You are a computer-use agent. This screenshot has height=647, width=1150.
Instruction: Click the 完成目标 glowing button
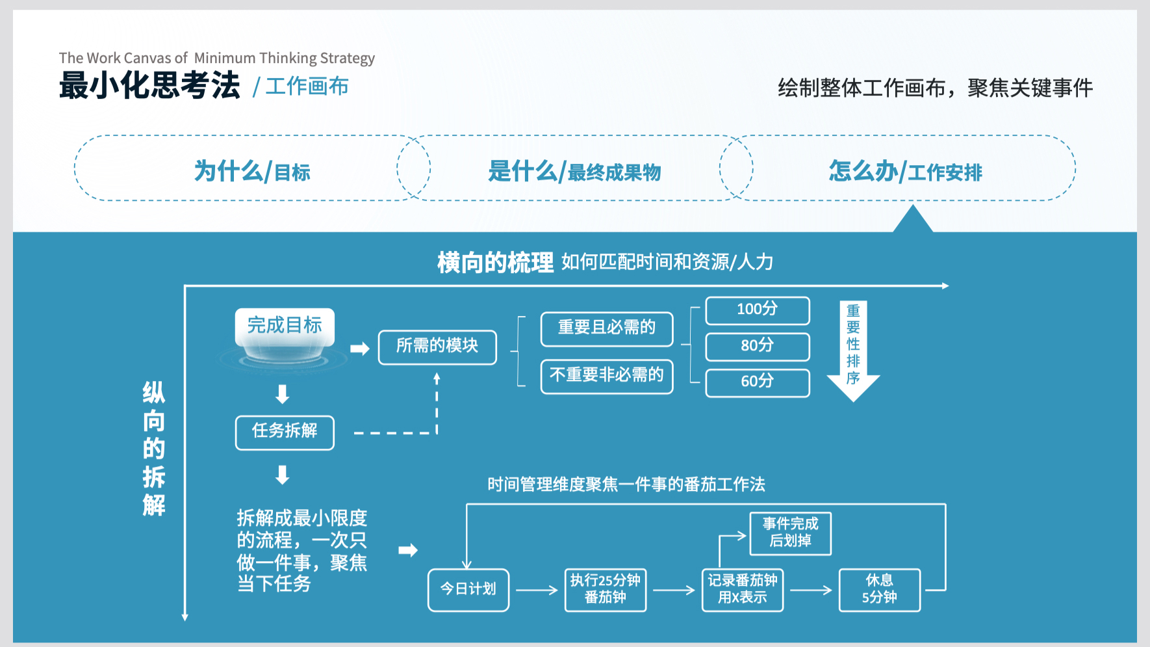tap(285, 327)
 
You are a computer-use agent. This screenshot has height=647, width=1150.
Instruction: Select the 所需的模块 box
tap(437, 347)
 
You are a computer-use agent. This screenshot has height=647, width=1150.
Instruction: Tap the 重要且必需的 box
tap(607, 329)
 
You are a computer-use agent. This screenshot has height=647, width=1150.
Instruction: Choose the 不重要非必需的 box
tap(607, 376)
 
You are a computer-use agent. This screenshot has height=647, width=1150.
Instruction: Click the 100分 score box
tap(758, 310)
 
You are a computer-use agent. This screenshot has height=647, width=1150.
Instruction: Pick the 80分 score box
tap(758, 347)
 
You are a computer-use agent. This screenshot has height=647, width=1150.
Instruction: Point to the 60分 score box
tap(758, 382)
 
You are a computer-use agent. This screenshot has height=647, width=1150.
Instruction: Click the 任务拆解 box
tap(285, 432)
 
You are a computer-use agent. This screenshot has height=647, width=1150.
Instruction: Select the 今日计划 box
tap(468, 590)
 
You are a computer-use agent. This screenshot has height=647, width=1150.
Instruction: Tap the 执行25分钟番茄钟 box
tap(606, 590)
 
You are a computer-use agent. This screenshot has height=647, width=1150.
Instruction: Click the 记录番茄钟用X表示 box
tap(743, 590)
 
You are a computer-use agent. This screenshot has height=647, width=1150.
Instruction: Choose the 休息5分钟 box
tap(880, 590)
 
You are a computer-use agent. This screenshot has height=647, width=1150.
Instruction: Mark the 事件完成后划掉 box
tap(791, 534)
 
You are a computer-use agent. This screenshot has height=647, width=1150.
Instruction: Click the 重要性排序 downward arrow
tap(853, 351)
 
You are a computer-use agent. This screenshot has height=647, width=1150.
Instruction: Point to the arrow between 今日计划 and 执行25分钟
tap(537, 590)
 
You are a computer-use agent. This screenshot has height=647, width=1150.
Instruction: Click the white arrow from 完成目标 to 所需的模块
tap(359, 349)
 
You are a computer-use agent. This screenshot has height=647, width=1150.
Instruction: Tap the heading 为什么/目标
tap(252, 172)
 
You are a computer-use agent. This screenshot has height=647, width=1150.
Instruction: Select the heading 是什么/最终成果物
tap(574, 172)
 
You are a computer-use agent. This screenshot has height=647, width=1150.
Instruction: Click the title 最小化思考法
tap(149, 86)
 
